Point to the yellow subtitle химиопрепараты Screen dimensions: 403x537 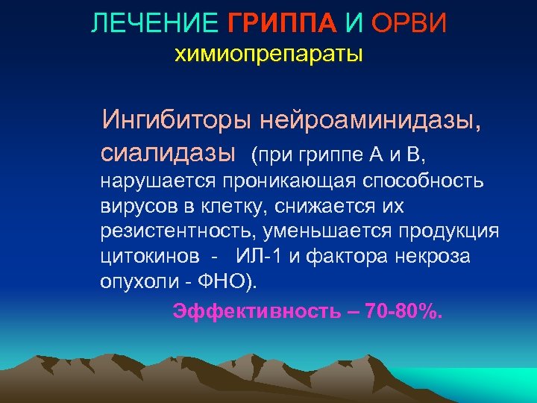[268, 54]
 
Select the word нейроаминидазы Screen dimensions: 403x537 [369, 119]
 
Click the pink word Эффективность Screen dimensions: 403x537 [258, 311]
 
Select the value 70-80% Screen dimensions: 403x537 [403, 311]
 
